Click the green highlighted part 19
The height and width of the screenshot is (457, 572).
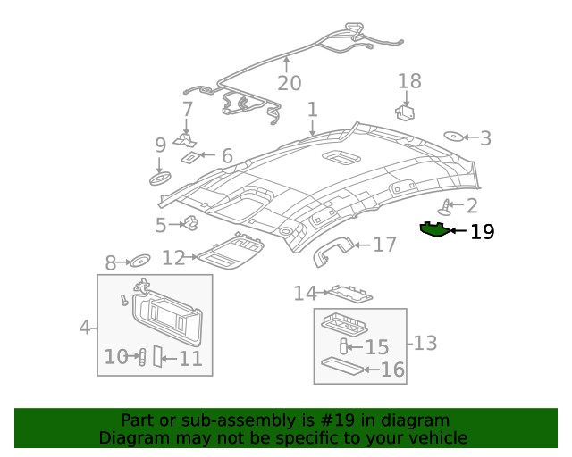[435, 229]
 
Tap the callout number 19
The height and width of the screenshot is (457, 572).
[482, 232]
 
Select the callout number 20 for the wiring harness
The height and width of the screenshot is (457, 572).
[289, 83]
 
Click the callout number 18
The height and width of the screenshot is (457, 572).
[409, 82]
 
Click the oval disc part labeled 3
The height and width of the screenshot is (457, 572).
[454, 137]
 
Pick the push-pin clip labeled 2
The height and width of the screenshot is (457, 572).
[444, 208]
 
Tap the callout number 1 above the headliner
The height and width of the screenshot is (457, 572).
[313, 110]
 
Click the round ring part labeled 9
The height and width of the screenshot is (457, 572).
[160, 178]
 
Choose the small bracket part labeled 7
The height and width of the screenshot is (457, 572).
[186, 139]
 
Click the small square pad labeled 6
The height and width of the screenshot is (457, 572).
[191, 157]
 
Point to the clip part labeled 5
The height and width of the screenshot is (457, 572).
[189, 223]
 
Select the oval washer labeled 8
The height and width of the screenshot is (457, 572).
[140, 262]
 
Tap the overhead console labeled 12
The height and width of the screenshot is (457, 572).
[230, 254]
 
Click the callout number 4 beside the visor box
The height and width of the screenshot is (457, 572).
[86, 328]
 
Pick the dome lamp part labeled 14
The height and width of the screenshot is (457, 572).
[349, 292]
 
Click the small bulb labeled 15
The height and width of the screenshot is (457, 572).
[345, 346]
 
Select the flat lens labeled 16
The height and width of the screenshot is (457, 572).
[344, 366]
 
